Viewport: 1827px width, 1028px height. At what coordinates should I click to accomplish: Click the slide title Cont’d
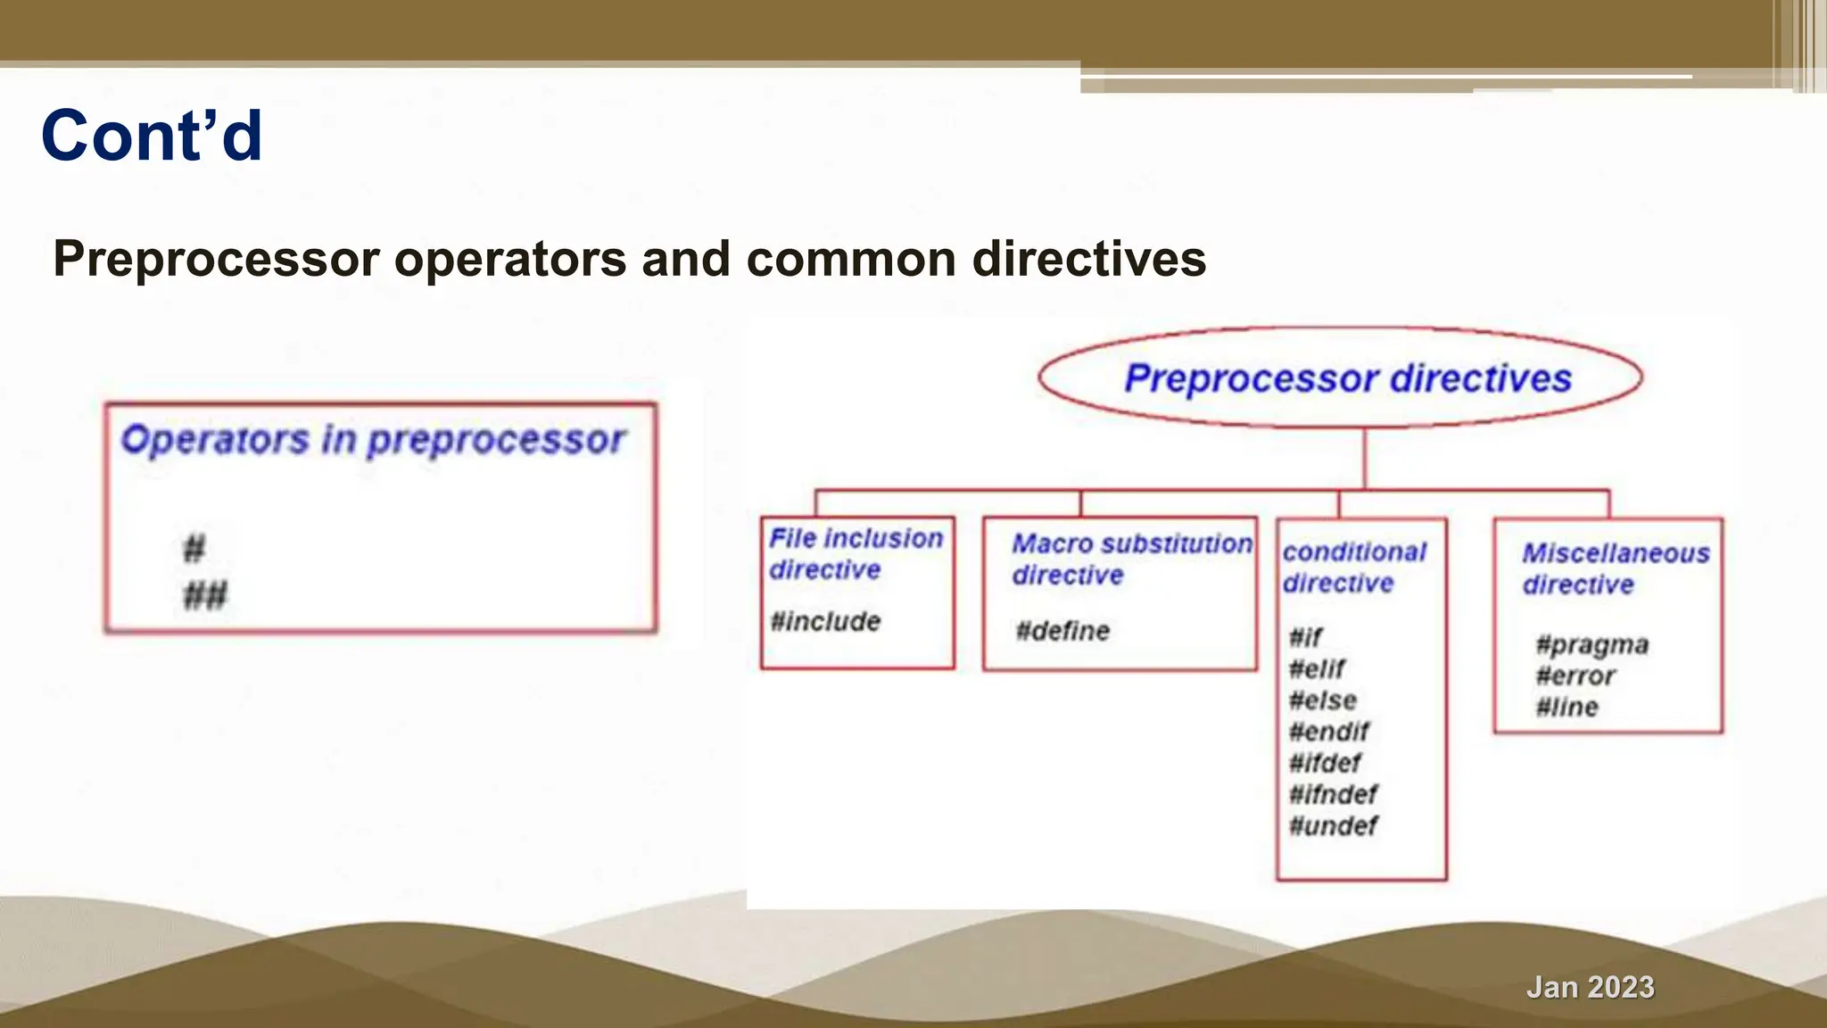152,136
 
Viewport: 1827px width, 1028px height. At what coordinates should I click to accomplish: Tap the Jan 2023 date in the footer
1590,987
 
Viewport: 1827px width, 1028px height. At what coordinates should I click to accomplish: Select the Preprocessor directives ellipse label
1347,378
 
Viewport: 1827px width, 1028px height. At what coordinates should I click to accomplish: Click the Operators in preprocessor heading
373,440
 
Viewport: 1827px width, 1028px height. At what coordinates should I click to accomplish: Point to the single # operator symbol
194,548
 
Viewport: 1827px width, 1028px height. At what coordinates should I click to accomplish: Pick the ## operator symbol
205,594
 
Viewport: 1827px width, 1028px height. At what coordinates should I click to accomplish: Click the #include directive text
825,621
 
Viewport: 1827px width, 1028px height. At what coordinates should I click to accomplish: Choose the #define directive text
1062,631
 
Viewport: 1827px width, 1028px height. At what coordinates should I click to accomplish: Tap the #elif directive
1317,668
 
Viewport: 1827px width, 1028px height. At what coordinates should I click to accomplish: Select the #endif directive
1328,732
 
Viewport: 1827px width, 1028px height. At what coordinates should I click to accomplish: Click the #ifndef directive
1333,794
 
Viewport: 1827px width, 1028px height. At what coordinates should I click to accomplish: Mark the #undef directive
1333,825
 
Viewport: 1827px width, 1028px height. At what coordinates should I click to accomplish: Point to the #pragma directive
1591,644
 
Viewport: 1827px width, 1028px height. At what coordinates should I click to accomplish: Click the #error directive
1575,676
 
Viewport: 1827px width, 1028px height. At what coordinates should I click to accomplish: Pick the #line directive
1567,707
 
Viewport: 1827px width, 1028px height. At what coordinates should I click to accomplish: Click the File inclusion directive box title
856,553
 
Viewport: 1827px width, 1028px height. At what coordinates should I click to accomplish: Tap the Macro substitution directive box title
1131,559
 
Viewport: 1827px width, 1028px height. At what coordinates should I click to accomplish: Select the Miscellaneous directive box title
1615,568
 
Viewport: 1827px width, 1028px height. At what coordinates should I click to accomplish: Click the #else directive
1322,701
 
